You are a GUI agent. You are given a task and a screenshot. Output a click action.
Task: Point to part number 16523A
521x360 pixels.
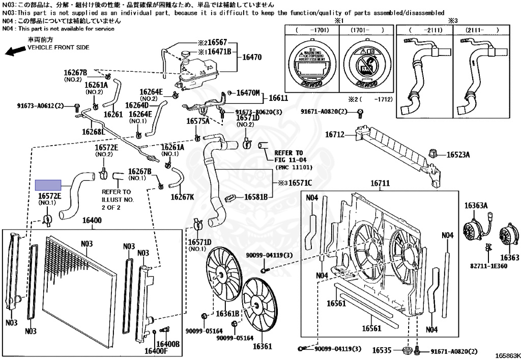pos(458,154)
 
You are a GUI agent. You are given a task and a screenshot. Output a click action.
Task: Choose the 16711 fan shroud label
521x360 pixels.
pos(380,183)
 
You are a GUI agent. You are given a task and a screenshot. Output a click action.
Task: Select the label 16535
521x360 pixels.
pos(382,350)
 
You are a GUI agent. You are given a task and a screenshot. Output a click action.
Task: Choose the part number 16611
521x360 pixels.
pos(278,98)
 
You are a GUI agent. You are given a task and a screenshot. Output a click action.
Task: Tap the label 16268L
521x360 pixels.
pos(92,132)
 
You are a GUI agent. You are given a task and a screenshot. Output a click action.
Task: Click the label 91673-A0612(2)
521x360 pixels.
pos(40,106)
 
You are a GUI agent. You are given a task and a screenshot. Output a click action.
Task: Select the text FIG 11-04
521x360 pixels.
pos(288,159)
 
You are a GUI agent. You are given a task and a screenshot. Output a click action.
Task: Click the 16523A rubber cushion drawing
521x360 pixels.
pos(434,153)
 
